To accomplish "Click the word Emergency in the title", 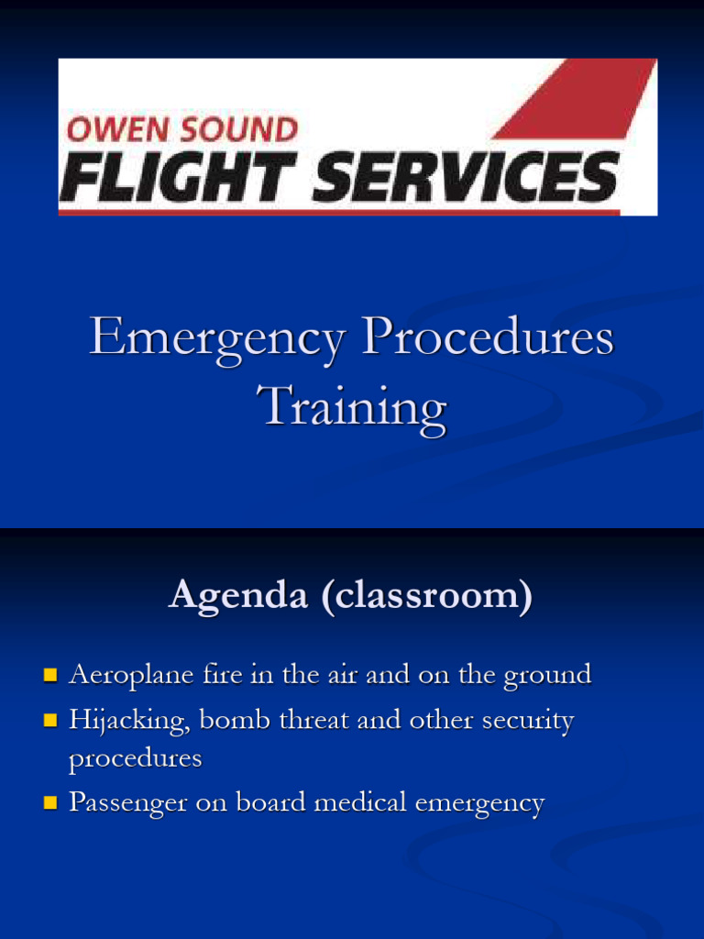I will point(216,339).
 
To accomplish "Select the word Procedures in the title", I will point(488,339).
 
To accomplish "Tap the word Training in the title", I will point(352,406).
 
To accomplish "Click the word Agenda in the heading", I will point(236,596).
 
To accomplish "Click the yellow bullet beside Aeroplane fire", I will point(51,677).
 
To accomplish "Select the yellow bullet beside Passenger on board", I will point(51,804).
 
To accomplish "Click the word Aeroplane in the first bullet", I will point(131,677).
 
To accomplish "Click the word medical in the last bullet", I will point(360,803).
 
